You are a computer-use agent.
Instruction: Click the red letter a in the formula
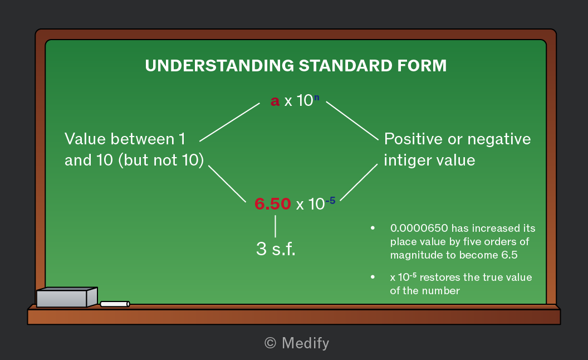[x=275, y=101]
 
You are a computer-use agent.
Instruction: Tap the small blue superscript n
[x=316, y=97]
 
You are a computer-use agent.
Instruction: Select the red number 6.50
[x=273, y=204]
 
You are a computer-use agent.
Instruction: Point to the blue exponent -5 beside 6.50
[x=330, y=201]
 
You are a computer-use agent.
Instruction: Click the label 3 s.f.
[x=276, y=249]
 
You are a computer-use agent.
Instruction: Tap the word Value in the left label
[x=85, y=139]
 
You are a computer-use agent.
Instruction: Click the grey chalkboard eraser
[x=67, y=298]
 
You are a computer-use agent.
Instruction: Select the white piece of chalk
[x=115, y=304]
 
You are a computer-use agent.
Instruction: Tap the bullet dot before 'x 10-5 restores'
[x=373, y=277]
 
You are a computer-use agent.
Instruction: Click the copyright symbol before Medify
[x=270, y=343]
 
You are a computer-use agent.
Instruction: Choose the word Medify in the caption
[x=305, y=343]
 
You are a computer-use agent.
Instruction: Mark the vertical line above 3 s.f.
[x=275, y=226]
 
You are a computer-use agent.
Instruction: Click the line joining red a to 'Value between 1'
[x=229, y=122]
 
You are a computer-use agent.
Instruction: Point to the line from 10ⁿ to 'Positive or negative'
[x=352, y=120]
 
